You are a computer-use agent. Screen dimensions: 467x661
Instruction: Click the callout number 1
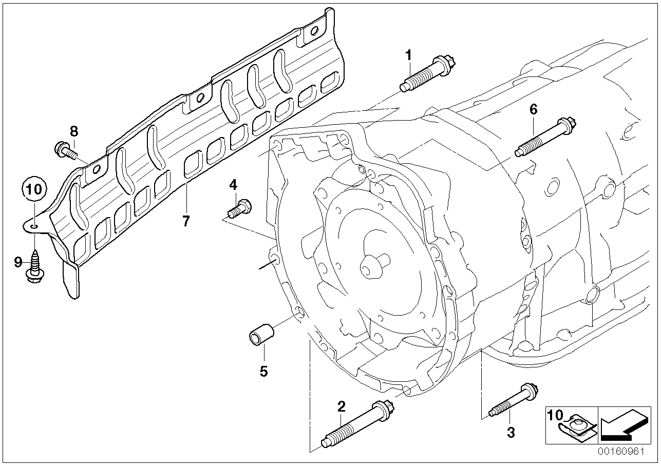pos(409,55)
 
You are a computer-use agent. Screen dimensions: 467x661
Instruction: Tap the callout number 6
pos(533,109)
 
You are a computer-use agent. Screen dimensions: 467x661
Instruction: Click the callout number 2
pos(342,407)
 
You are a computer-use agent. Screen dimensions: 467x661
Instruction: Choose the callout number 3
pos(511,433)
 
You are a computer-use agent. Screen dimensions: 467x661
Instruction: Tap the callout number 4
pos(233,184)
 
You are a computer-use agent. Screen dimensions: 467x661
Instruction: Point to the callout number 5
pos(263,371)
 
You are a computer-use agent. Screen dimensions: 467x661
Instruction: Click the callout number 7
pos(186,221)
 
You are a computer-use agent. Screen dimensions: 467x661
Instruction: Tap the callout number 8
pos(74,131)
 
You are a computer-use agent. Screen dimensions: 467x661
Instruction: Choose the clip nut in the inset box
pos(579,426)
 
